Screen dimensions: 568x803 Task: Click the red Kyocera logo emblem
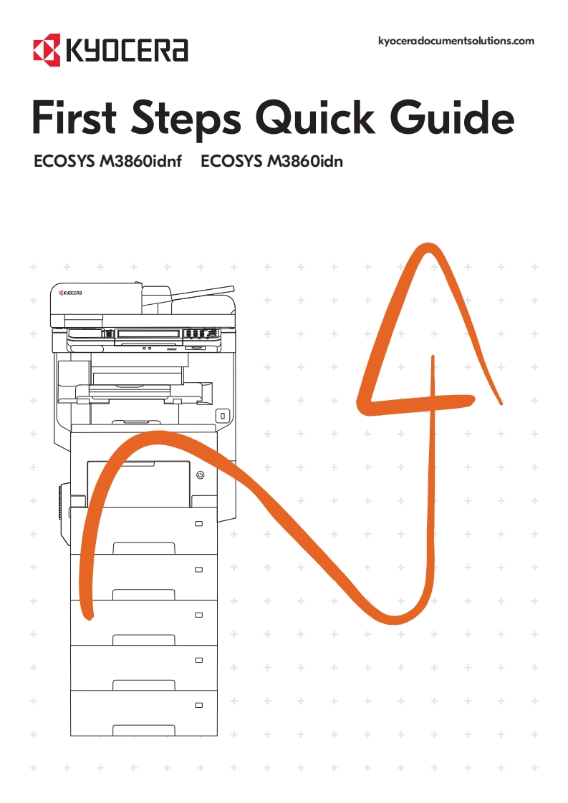point(47,49)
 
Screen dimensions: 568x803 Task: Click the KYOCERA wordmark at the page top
point(127,50)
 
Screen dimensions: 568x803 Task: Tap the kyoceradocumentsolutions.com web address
point(456,41)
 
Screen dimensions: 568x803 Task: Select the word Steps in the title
point(186,120)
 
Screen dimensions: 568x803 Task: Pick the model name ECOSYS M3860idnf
point(107,161)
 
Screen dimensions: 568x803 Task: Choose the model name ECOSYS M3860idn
point(271,161)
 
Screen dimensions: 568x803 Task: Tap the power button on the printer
point(201,474)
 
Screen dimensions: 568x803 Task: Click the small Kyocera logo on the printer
point(70,293)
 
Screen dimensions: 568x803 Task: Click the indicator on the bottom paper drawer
point(199,705)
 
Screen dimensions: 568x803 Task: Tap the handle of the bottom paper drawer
point(143,730)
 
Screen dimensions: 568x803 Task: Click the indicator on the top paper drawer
point(199,523)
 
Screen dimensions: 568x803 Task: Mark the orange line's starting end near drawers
point(89,616)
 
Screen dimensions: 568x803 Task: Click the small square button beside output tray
point(223,415)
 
